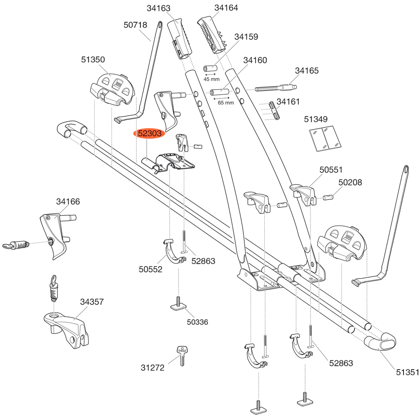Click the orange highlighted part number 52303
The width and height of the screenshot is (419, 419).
(x=150, y=134)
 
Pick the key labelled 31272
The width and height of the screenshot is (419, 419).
(x=183, y=356)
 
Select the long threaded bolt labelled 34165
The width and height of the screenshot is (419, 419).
(x=277, y=88)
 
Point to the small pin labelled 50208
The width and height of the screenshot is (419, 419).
(x=329, y=196)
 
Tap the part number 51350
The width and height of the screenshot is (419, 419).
(x=93, y=59)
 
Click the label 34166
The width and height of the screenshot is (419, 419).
(x=68, y=202)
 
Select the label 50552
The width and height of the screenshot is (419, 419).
(x=151, y=270)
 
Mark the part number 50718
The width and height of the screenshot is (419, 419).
(x=135, y=25)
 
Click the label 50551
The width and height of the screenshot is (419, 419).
(x=331, y=170)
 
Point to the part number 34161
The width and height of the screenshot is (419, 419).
(x=289, y=101)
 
